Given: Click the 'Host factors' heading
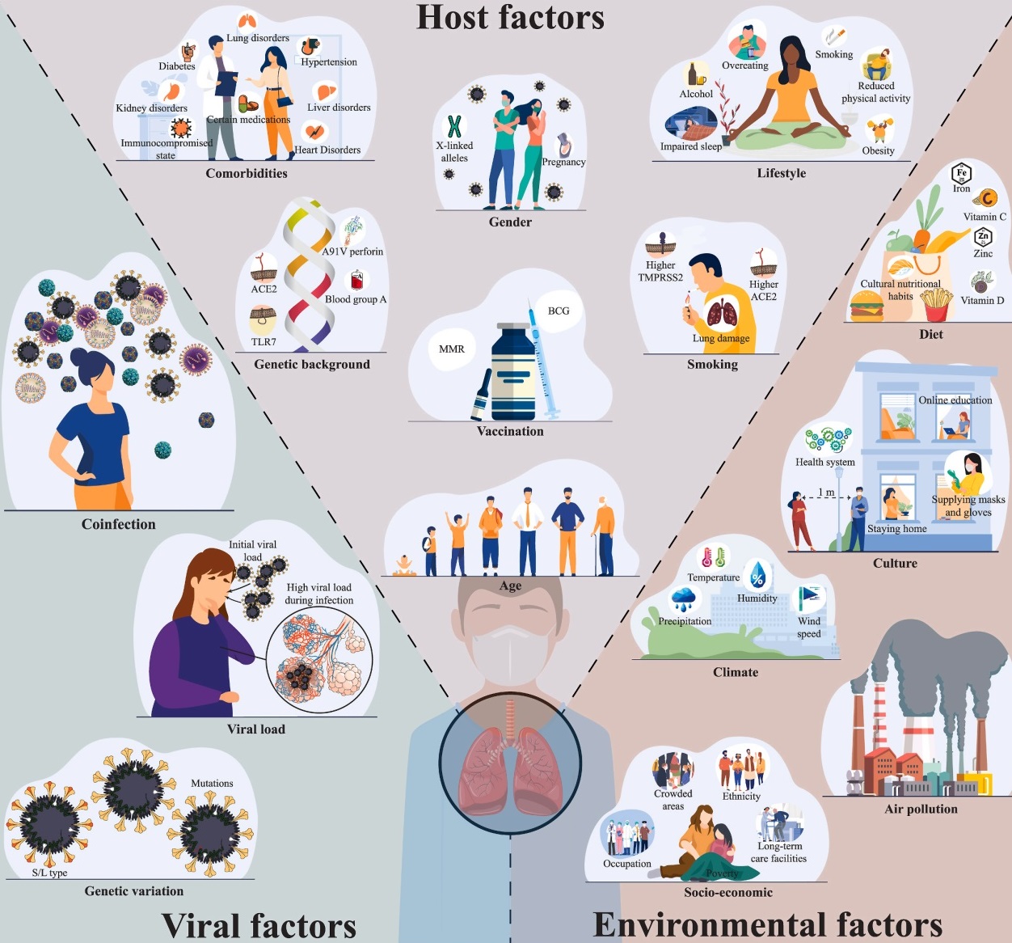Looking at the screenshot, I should (x=510, y=18).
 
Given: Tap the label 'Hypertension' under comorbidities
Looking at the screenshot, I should (x=328, y=62).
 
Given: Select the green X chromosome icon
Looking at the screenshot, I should (x=454, y=126).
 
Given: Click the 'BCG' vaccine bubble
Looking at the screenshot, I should (x=559, y=311).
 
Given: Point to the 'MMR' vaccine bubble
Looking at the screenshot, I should (x=452, y=349).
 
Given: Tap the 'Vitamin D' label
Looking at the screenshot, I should (x=982, y=301).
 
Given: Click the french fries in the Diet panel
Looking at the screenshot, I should (x=935, y=306).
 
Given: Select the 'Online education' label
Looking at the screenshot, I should (x=955, y=400).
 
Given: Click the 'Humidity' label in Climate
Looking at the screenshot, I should (x=757, y=598).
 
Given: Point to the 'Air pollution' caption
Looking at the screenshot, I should (x=921, y=809).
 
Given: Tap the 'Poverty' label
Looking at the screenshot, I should (x=722, y=873).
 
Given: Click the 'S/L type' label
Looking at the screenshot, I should (x=49, y=873).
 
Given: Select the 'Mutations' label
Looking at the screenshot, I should (x=212, y=784).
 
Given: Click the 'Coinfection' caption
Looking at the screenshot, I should (x=118, y=524).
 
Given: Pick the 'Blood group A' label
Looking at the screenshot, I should (x=356, y=299).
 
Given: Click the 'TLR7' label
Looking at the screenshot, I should (x=264, y=342).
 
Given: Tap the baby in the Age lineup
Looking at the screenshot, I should (x=402, y=565).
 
